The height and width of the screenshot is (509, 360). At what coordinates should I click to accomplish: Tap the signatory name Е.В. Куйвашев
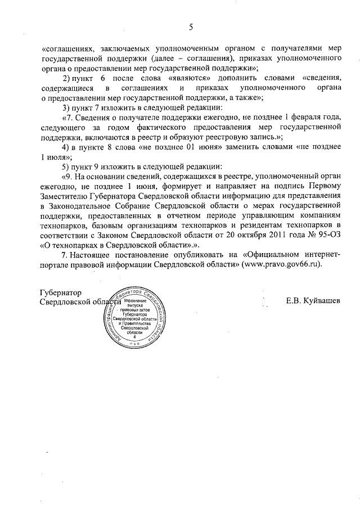tap(313, 301)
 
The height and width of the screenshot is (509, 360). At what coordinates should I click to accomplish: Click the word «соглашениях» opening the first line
tap(69, 49)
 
